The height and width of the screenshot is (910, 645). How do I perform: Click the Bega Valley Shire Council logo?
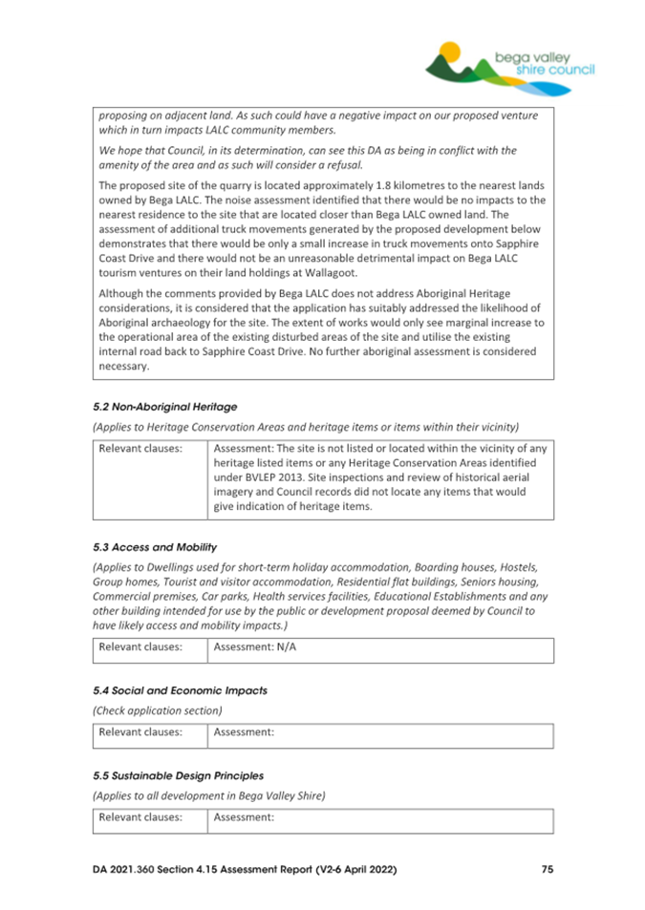coord(509,64)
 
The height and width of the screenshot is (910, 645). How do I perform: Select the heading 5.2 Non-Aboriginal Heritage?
coord(164,407)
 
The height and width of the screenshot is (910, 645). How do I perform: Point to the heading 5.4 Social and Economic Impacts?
coord(180,689)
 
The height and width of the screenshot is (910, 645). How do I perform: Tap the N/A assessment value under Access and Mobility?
coord(285,646)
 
